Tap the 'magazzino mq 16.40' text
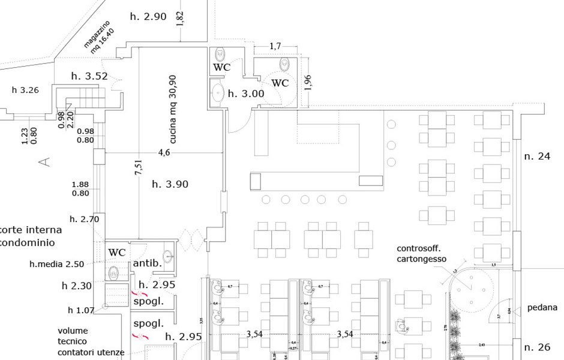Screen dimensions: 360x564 point(97,38)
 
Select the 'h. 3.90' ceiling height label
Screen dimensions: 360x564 point(170,184)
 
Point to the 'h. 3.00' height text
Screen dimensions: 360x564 point(246,94)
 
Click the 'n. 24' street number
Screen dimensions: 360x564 point(537,157)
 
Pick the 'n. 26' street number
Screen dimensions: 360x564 point(537,347)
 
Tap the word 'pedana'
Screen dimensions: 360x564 point(542,308)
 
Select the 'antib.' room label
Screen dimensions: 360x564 point(146,263)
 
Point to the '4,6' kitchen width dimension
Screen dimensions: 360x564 point(164,152)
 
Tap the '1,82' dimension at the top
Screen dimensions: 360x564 point(179,18)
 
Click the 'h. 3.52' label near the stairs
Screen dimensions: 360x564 point(89,76)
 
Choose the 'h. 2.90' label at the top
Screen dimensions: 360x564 point(148,16)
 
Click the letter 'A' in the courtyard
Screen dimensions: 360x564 point(43,161)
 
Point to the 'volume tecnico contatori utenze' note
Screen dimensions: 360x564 point(91,341)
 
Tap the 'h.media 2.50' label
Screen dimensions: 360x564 point(58,264)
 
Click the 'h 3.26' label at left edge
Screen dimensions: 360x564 point(25,90)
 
